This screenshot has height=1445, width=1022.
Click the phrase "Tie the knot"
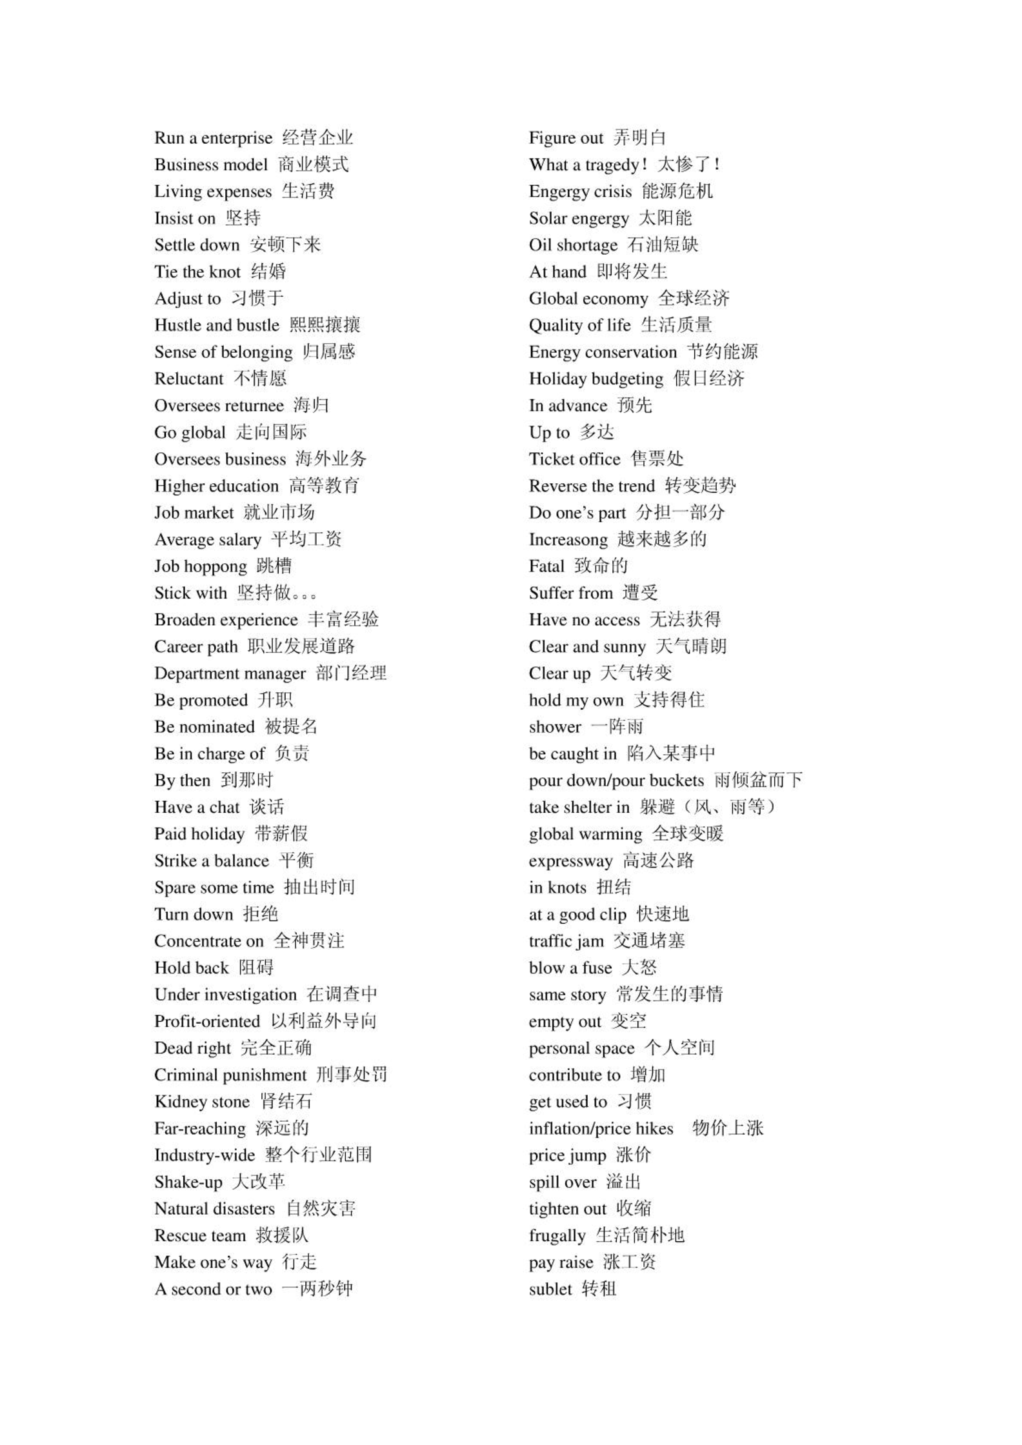pyautogui.click(x=197, y=272)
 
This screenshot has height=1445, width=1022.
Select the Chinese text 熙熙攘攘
pyautogui.click(x=325, y=324)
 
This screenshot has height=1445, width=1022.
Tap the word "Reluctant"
pyautogui.click(x=188, y=379)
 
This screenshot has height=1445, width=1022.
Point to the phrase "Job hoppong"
pyautogui.click(x=200, y=566)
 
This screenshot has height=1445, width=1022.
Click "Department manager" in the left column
pyautogui.click(x=230, y=673)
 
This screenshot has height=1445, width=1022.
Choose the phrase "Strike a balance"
pyautogui.click(x=211, y=861)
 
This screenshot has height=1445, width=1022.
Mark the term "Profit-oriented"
pyautogui.click(x=206, y=1021)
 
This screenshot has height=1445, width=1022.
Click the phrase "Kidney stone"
pyautogui.click(x=201, y=1102)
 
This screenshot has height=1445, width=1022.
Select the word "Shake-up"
pyautogui.click(x=188, y=1182)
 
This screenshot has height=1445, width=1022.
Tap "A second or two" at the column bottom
pyautogui.click(x=213, y=1290)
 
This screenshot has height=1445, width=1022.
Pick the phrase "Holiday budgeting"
pyautogui.click(x=596, y=379)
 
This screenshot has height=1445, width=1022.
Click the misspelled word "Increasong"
pyautogui.click(x=568, y=539)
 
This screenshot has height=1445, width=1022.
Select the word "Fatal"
pyautogui.click(x=546, y=566)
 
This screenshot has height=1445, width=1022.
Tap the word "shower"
pyautogui.click(x=555, y=727)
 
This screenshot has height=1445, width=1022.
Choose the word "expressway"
pyautogui.click(x=570, y=861)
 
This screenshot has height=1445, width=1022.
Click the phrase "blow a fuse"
pyautogui.click(x=570, y=968)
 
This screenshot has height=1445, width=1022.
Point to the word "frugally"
pyautogui.click(x=557, y=1236)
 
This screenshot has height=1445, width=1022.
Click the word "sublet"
pyautogui.click(x=550, y=1290)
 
